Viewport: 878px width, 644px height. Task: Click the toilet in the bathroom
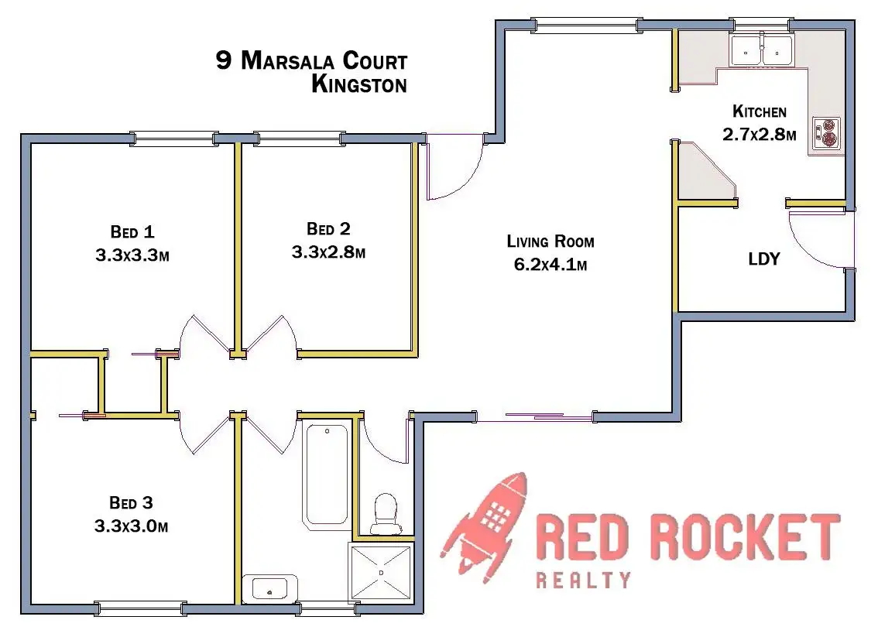coord(386,513)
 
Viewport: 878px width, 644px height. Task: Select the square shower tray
coord(381,574)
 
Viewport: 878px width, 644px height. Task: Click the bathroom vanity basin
coord(269,589)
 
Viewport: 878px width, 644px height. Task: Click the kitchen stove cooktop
coord(825,133)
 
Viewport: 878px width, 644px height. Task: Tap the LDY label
coord(763,259)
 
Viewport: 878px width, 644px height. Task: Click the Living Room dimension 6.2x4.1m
coord(550,265)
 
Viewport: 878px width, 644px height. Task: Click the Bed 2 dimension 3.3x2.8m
coord(328,252)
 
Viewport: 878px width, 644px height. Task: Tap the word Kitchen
coord(760,111)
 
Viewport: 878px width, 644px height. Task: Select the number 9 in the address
coord(224,61)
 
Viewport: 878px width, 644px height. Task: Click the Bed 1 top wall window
coord(173,139)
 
